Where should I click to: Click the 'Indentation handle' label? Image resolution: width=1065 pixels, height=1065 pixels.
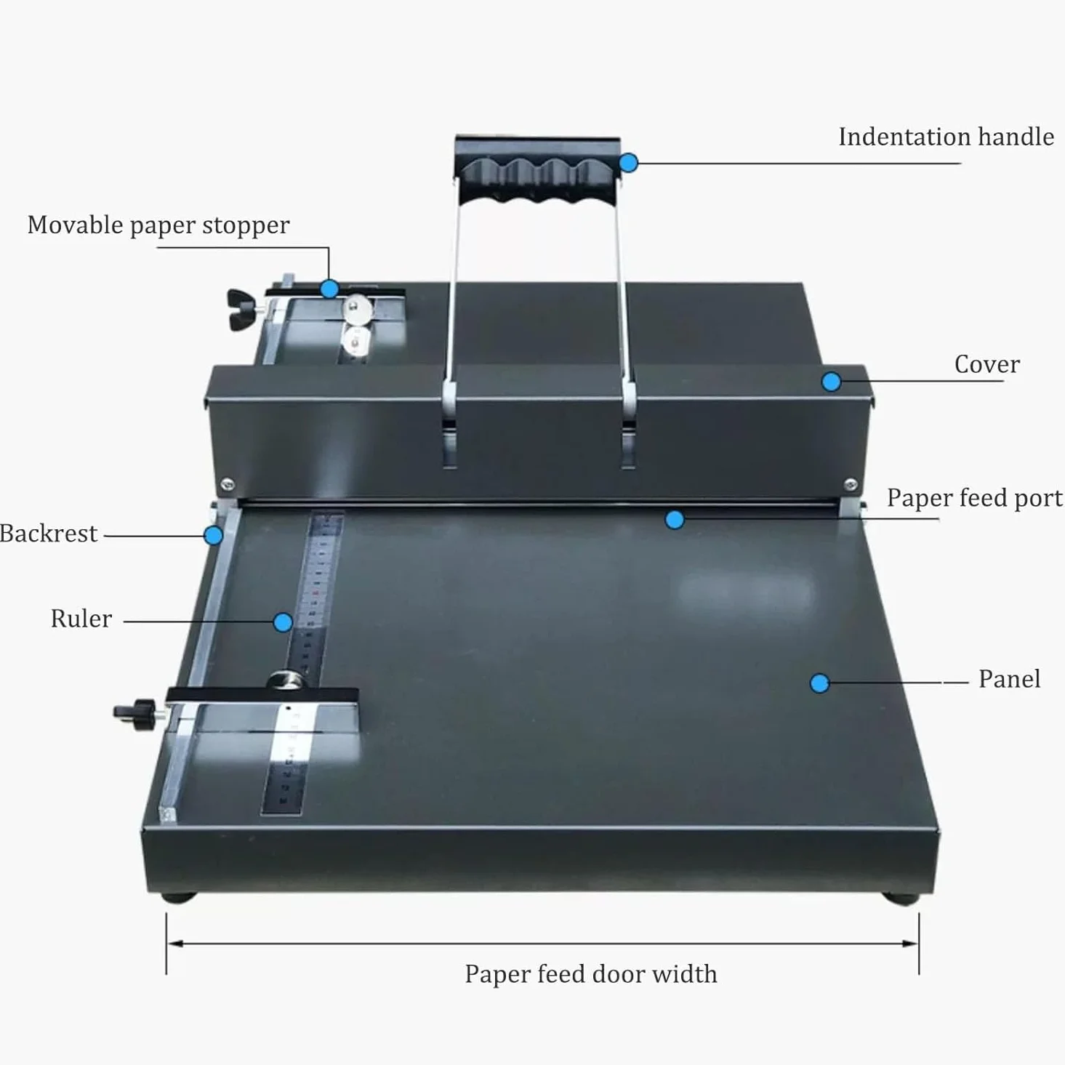click(x=946, y=137)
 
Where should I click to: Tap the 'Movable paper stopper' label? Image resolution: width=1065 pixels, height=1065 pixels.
click(x=158, y=225)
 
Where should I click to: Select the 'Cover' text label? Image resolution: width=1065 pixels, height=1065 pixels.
click(x=987, y=364)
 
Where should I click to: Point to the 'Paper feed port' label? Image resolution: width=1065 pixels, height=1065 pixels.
click(x=975, y=498)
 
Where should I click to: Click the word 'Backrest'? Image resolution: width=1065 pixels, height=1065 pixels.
click(x=49, y=534)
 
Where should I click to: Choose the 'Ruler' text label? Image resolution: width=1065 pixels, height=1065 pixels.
click(x=81, y=619)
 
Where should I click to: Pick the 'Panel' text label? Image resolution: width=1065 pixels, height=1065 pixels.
click(x=1009, y=679)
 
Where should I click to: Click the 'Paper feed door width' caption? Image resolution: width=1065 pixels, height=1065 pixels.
click(x=591, y=973)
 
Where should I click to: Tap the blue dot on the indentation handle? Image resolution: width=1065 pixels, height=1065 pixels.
click(x=628, y=163)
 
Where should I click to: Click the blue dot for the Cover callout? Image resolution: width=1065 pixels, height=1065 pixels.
click(x=831, y=382)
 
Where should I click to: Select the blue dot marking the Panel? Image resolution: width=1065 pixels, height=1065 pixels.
click(x=819, y=683)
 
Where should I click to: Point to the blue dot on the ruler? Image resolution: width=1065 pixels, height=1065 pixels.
click(x=283, y=622)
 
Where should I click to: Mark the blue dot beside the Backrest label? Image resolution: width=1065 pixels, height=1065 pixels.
click(x=213, y=535)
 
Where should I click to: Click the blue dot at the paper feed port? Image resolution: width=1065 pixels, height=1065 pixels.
click(x=675, y=520)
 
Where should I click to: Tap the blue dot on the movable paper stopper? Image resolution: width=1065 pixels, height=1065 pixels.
click(x=329, y=289)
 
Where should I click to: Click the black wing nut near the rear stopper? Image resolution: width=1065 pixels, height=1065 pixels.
click(x=242, y=310)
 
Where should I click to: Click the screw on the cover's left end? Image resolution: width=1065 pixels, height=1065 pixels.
click(x=227, y=485)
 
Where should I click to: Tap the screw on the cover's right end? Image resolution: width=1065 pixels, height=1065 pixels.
click(x=851, y=485)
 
